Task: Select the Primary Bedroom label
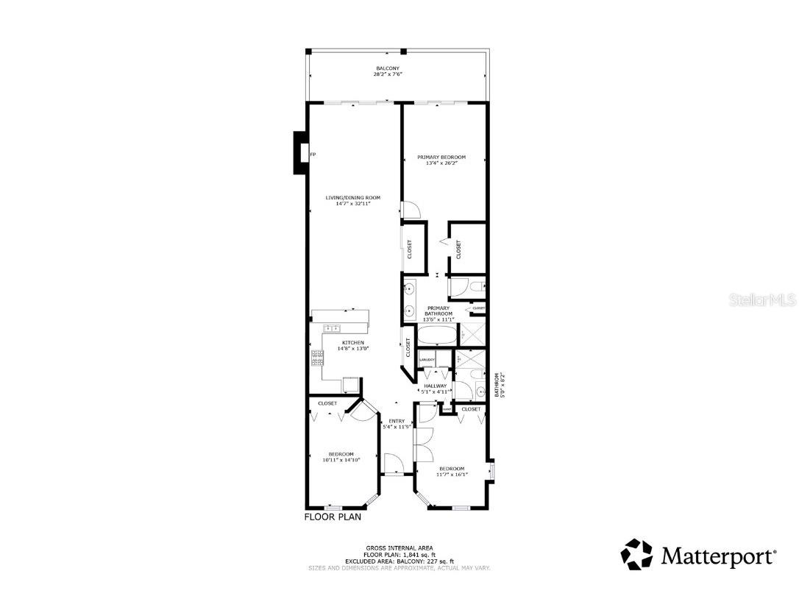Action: coord(441,157)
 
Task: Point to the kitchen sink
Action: coord(332,328)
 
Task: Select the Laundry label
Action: coord(427,360)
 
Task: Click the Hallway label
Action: coord(435,385)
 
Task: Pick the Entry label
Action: coord(397,421)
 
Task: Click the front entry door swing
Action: coord(392,463)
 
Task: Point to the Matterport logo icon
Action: coord(636,554)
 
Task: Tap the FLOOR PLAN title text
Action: coord(333,517)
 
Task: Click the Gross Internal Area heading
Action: coord(398,548)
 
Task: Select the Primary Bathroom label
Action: coord(439,311)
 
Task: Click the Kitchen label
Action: coord(352,343)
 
